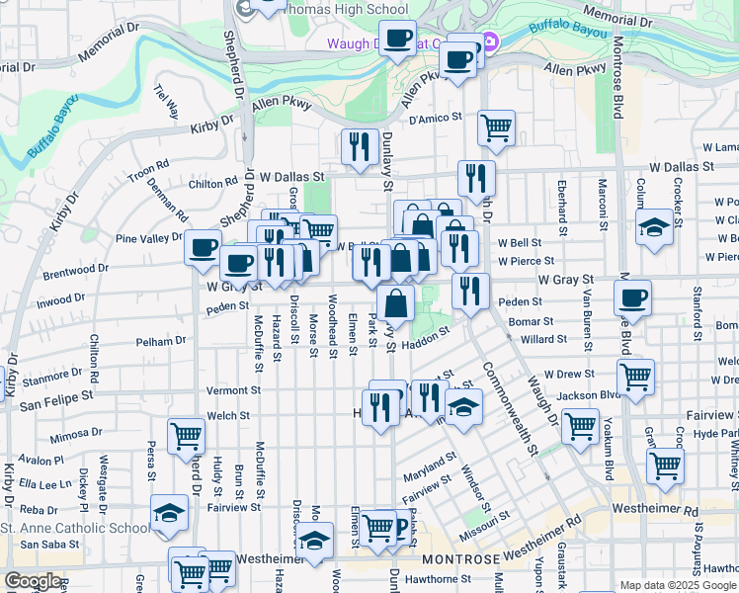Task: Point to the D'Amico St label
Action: click(x=436, y=118)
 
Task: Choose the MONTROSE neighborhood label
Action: click(x=467, y=559)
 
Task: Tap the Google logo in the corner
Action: click(x=33, y=581)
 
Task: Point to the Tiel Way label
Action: click(x=164, y=100)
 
